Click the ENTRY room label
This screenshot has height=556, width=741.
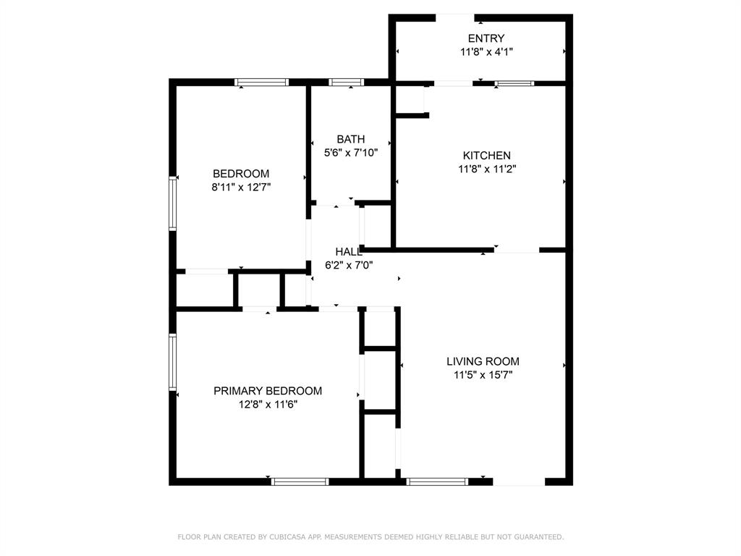[486, 38]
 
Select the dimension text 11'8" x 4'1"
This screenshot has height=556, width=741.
[486, 52]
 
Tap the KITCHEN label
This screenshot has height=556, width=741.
[486, 156]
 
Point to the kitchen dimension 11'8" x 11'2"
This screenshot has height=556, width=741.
[486, 169]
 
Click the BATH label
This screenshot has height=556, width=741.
[350, 139]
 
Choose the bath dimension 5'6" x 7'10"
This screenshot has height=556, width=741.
[350, 153]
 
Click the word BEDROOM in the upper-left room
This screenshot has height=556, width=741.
[241, 174]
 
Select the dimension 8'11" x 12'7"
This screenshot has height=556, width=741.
[241, 188]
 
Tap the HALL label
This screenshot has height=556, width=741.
[348, 252]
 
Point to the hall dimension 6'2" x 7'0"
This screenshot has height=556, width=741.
[348, 265]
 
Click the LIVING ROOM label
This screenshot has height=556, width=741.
[483, 362]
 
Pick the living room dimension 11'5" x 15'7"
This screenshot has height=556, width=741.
[483, 375]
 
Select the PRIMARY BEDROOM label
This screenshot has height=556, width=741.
[268, 391]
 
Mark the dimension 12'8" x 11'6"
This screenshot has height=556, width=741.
[268, 405]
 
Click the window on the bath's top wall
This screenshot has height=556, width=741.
[346, 83]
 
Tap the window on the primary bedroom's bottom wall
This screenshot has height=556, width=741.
[300, 481]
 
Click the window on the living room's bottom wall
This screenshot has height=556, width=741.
[437, 481]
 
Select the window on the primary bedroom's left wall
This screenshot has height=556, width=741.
[173, 361]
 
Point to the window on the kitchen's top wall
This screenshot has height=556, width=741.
[515, 83]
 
